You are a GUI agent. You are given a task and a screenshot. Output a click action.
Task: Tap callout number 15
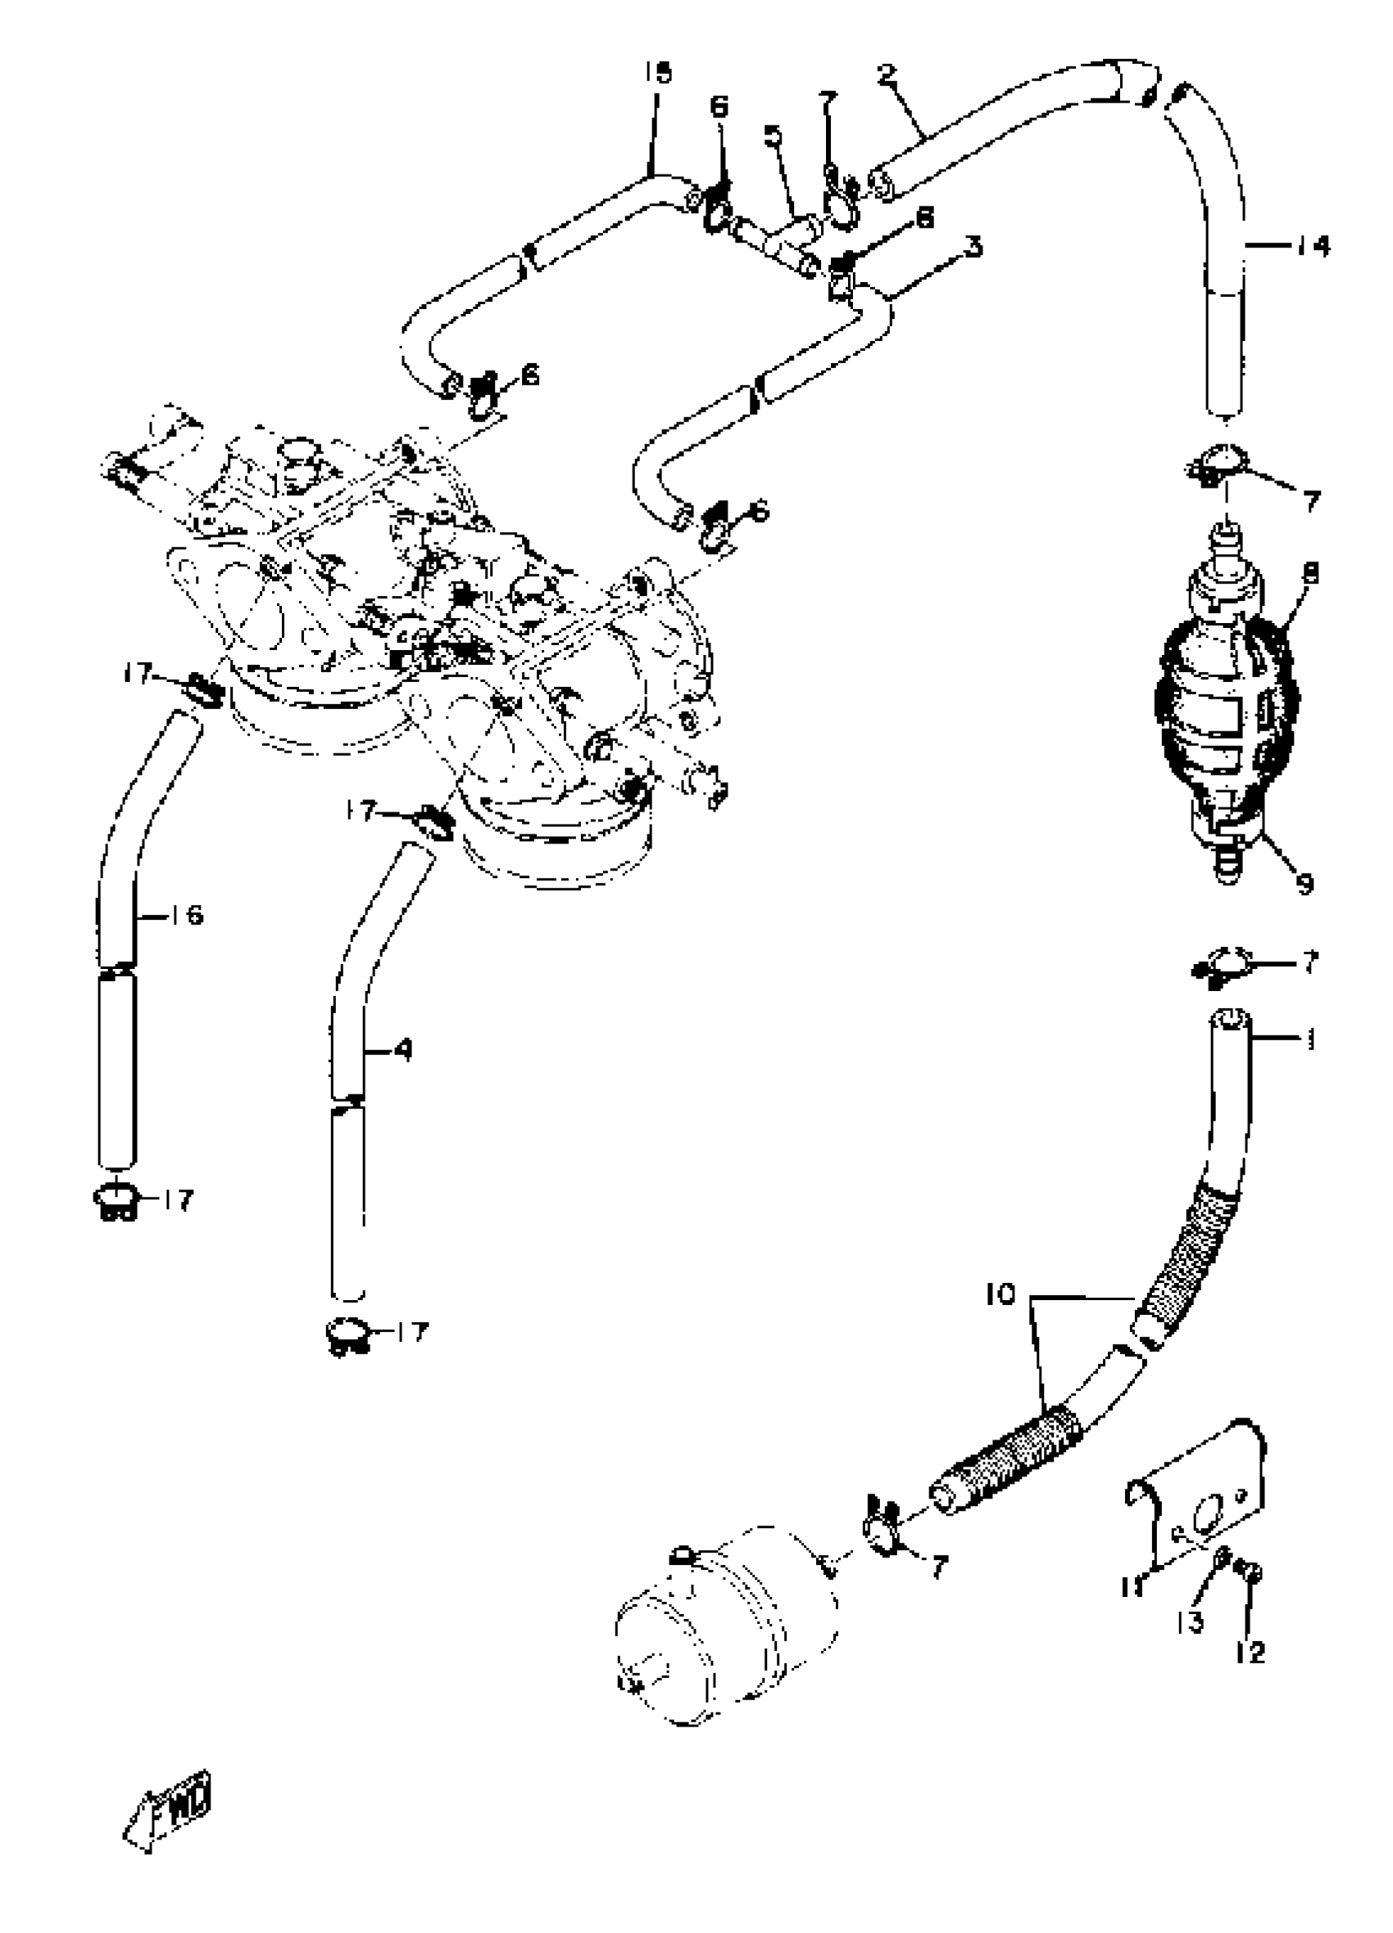click(657, 73)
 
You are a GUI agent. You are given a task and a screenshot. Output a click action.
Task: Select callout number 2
click(886, 74)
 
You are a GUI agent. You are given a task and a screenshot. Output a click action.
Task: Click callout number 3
click(972, 248)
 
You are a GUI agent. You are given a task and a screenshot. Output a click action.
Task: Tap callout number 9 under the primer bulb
click(1304, 884)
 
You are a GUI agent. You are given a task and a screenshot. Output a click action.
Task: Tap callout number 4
click(403, 1050)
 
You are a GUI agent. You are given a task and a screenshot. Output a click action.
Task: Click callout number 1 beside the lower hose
click(1310, 1039)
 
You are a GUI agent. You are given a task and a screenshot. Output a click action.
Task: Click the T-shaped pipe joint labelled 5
click(779, 243)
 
